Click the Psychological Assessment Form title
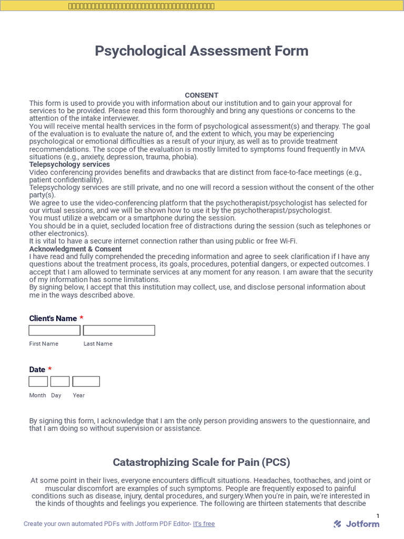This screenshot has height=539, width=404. tap(201, 51)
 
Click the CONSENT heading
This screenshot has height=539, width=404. tap(201, 95)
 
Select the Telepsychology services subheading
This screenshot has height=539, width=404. tap(69, 164)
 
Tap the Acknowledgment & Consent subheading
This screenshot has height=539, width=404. tap(75, 249)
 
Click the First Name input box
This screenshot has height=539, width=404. tap(54, 331)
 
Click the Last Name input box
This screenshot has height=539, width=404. tap(119, 331)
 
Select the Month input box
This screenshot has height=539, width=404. tap(38, 382)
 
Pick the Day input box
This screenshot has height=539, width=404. tap(60, 382)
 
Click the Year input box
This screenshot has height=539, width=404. tap(86, 382)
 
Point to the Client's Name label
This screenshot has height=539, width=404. tap(53, 318)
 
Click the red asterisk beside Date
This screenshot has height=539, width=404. tap(50, 370)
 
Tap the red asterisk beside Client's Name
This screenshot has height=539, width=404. tap(82, 318)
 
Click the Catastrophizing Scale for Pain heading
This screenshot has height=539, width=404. tap(201, 462)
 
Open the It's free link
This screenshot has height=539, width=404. tap(204, 524)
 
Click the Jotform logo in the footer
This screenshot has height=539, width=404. tap(357, 524)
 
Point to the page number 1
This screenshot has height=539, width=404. tap(378, 516)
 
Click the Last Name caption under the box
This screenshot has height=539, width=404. tap(98, 344)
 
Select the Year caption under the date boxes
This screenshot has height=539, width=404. tap(78, 395)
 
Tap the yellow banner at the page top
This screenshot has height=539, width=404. tap(202, 6)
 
